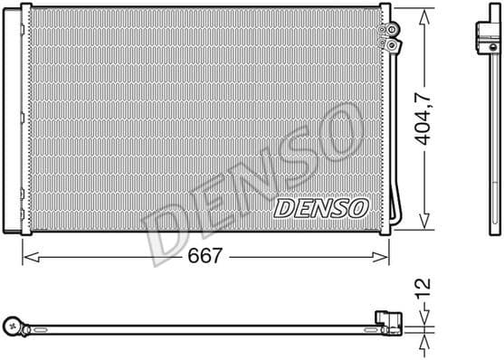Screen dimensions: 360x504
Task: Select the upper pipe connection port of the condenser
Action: [393, 30]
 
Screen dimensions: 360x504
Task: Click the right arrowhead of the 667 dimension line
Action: [385, 258]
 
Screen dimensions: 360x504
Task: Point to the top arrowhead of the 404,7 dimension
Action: [423, 12]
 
